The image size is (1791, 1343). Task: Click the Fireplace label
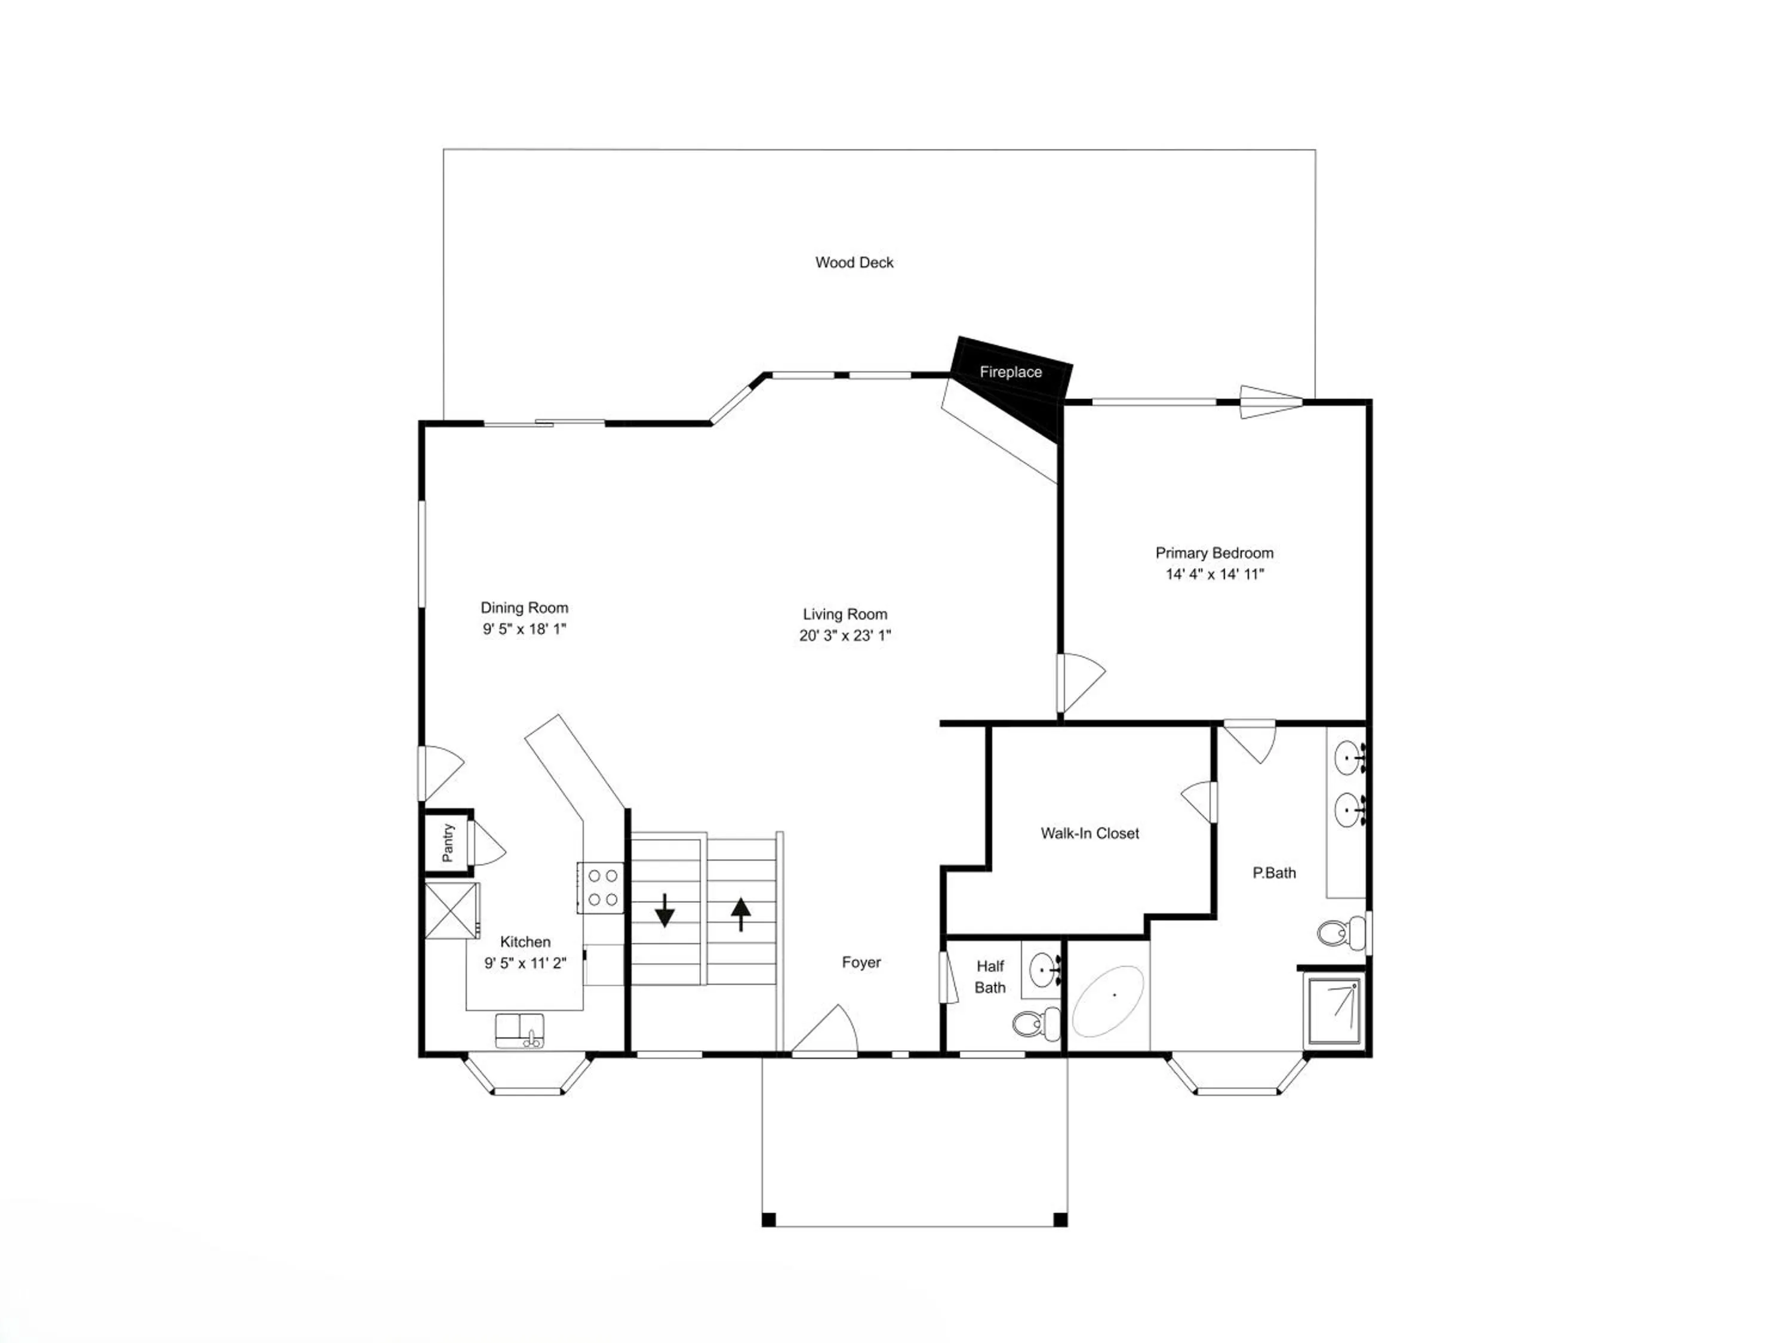pyautogui.click(x=1011, y=372)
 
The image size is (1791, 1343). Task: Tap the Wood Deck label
pyautogui.click(x=854, y=262)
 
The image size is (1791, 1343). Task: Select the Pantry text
pyautogui.click(x=448, y=843)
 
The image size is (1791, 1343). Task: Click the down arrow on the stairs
pyautogui.click(x=664, y=910)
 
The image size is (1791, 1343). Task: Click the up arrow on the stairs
pyautogui.click(x=741, y=914)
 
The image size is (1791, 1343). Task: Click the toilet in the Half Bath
pyautogui.click(x=1036, y=1024)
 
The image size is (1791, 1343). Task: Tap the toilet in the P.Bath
pyautogui.click(x=1341, y=932)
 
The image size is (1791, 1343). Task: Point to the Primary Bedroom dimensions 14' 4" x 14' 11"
pyautogui.click(x=1214, y=574)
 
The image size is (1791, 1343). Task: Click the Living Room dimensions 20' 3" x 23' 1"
pyautogui.click(x=845, y=636)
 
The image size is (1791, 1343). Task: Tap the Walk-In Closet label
pyautogui.click(x=1090, y=833)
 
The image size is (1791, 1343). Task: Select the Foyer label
pyautogui.click(x=861, y=963)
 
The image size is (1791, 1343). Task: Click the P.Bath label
pyautogui.click(x=1275, y=873)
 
